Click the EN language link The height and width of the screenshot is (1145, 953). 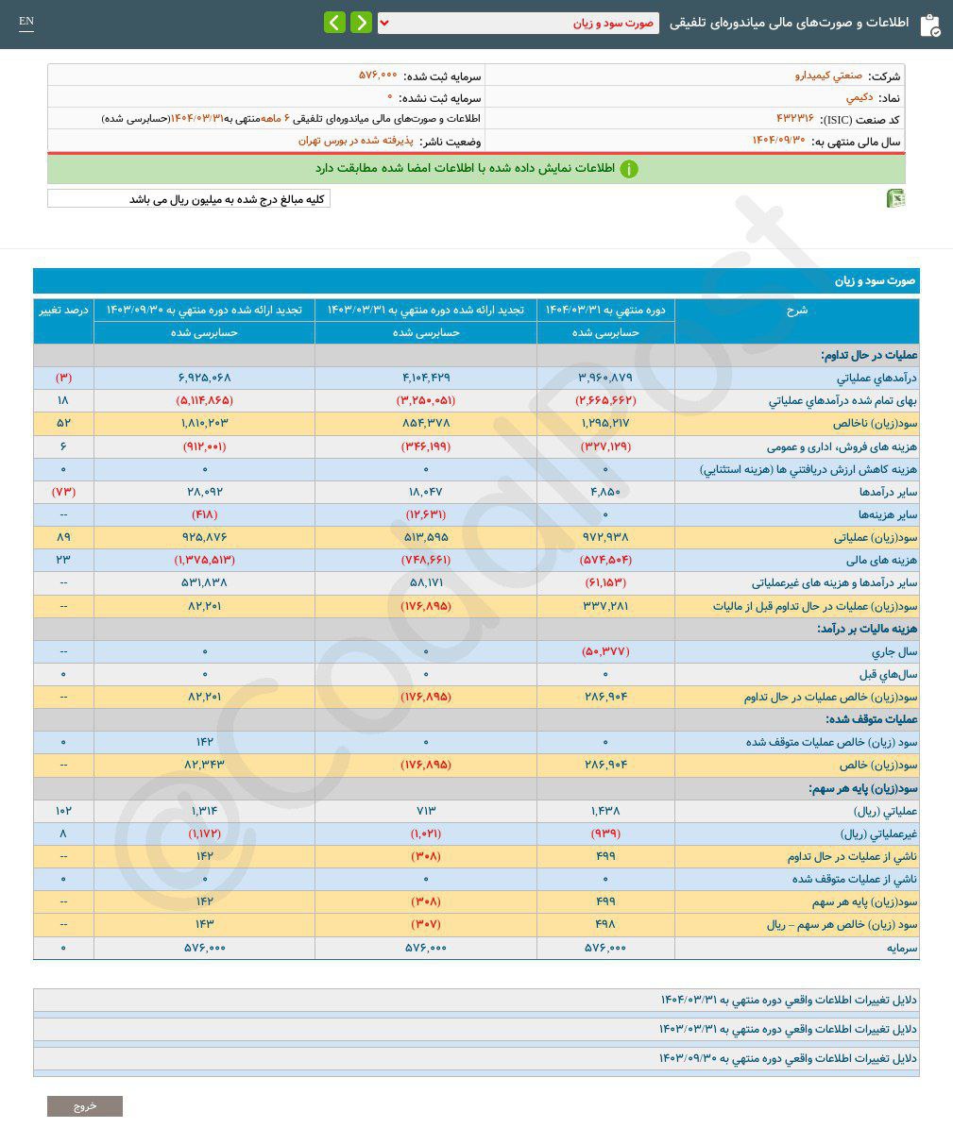click(x=26, y=22)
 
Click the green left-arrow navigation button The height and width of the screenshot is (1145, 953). click(x=334, y=23)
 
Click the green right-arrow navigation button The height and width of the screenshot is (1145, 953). click(x=361, y=23)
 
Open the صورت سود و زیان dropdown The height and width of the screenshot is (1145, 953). click(x=519, y=24)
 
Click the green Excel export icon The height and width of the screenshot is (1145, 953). click(x=895, y=198)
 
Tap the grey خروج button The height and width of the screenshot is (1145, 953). click(x=85, y=1105)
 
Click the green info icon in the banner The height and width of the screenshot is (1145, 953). click(x=629, y=169)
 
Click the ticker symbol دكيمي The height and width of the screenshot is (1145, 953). click(x=859, y=97)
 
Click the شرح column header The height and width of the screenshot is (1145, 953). click(x=796, y=310)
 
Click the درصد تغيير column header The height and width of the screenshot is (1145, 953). click(x=63, y=310)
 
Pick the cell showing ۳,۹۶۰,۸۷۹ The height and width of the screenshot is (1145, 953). click(x=605, y=378)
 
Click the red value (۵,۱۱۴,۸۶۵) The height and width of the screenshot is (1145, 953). click(x=204, y=400)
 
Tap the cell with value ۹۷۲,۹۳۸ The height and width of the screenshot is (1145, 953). click(x=605, y=537)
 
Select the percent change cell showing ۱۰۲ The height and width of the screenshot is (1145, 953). click(x=63, y=811)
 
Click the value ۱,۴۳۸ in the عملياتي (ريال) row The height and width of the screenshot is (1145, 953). click(x=605, y=811)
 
